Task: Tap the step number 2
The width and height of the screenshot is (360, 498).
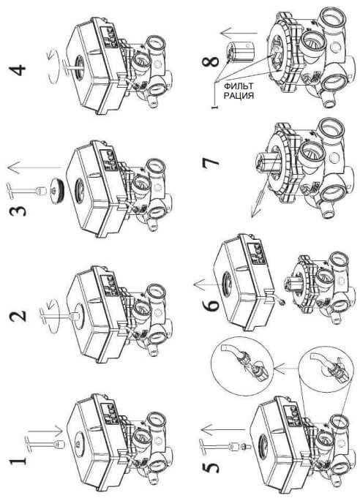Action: pyautogui.click(x=18, y=316)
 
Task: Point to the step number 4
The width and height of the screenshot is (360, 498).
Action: pyautogui.click(x=18, y=70)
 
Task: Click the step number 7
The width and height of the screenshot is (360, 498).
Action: pyautogui.click(x=210, y=160)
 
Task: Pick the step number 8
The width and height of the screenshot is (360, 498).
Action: pyautogui.click(x=210, y=61)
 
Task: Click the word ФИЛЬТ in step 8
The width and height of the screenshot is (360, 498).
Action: pyautogui.click(x=239, y=86)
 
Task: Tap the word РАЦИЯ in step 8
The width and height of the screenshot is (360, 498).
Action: pyautogui.click(x=239, y=96)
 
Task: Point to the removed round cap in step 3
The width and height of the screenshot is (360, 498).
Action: pyautogui.click(x=56, y=191)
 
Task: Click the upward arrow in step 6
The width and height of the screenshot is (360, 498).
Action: pyautogui.click(x=210, y=284)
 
